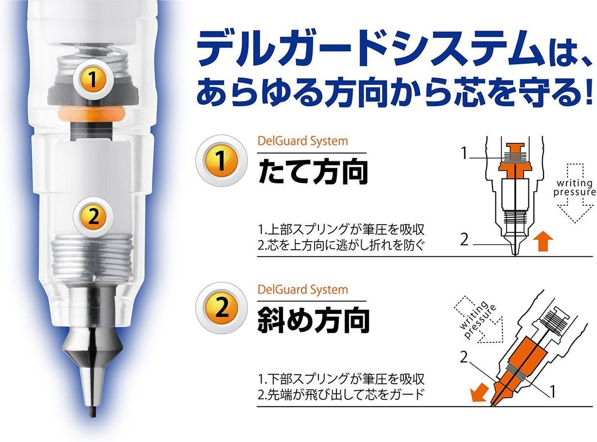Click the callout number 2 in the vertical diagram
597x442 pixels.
point(464,240)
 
